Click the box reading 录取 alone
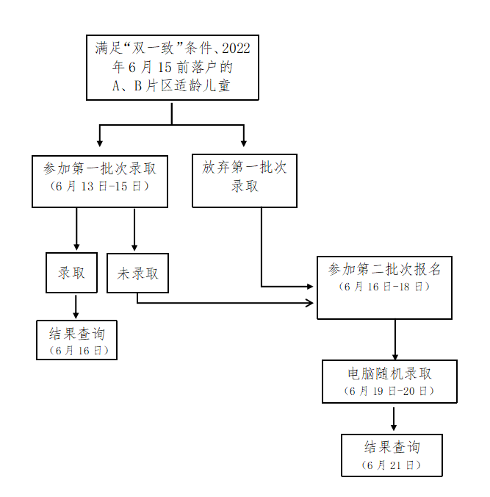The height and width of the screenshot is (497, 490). click(71, 273)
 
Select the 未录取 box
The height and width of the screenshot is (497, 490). click(137, 273)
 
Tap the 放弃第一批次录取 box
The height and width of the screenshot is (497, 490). click(245, 180)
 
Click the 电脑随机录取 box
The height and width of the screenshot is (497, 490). click(389, 381)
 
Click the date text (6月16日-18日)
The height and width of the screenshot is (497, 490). click(384, 286)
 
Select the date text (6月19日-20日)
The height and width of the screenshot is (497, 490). click(389, 390)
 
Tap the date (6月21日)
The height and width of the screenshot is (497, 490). click(392, 465)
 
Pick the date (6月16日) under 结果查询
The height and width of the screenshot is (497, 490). click(77, 350)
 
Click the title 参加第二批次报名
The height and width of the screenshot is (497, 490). click(384, 269)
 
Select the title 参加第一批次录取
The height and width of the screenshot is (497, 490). click(100, 168)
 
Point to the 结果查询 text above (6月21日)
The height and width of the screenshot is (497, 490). click(392, 447)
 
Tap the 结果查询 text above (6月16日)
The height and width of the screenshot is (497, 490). click(77, 333)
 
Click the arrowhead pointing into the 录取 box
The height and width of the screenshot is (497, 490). click(76, 248)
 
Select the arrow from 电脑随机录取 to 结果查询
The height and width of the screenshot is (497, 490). click(394, 418)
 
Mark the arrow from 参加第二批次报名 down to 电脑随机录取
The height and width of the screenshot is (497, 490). click(395, 339)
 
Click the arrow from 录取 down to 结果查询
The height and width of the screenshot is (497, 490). click(76, 307)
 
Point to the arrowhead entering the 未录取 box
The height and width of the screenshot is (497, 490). click(134, 248)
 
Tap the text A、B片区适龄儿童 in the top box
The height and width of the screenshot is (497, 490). click(172, 85)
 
